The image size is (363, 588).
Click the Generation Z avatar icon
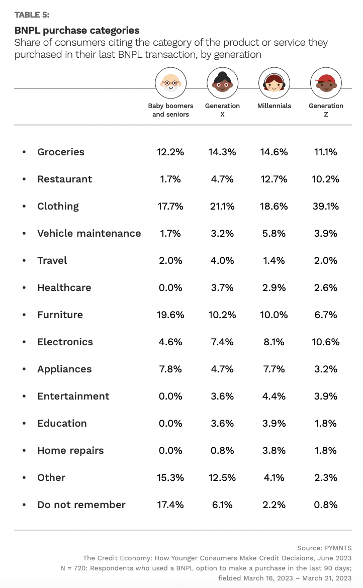point(326,83)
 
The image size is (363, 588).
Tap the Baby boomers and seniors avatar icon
point(170,83)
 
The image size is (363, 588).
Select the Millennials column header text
point(274,106)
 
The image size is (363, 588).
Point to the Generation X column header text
point(222,110)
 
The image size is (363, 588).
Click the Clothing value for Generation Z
point(326,206)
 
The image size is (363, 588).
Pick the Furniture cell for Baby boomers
point(170,315)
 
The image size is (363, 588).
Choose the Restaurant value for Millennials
point(274,179)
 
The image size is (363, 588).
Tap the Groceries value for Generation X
point(222,152)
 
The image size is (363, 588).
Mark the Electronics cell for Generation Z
point(326,342)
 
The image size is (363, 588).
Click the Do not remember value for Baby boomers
point(170,505)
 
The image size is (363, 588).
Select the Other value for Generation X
point(222,477)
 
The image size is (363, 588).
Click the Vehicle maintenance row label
point(89,233)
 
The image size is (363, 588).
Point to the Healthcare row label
point(64,287)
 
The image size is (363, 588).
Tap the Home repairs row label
point(70,450)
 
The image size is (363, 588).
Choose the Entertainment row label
point(73,396)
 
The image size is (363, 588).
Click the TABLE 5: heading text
point(32,14)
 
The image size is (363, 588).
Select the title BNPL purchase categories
point(77,31)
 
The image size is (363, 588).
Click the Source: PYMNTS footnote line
point(325,548)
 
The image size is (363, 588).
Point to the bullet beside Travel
point(24,261)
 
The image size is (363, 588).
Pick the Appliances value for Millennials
point(274,369)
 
